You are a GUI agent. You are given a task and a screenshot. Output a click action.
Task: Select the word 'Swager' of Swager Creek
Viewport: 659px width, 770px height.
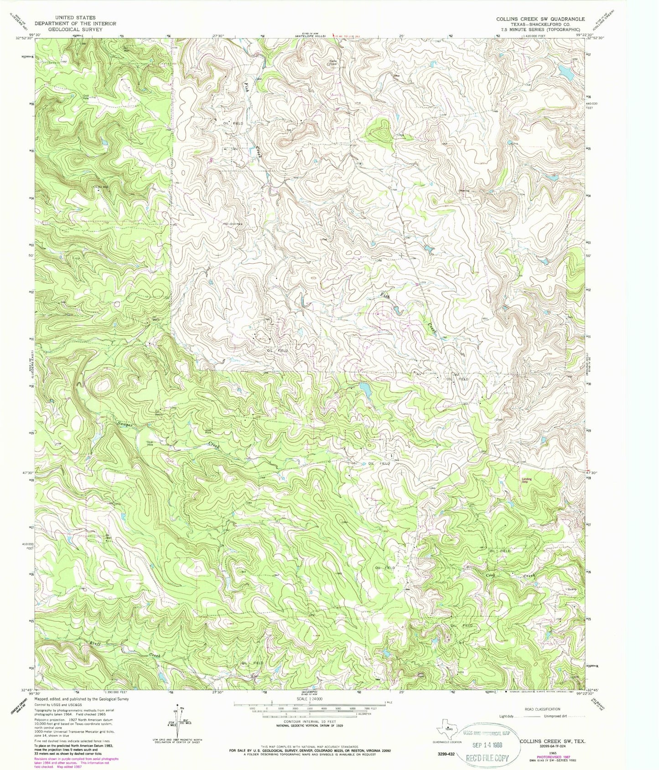click(124, 424)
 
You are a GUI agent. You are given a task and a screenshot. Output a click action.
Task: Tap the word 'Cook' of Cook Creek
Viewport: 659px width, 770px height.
click(491, 575)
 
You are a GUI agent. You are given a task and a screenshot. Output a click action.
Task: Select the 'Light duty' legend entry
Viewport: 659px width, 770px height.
click(507, 729)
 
